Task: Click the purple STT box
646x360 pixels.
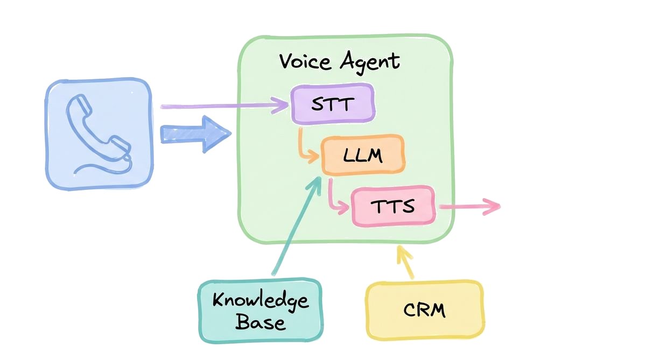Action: pos(333,104)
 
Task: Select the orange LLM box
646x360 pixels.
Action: pos(363,156)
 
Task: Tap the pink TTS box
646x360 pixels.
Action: pos(393,206)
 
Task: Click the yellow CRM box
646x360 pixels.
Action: pos(424,310)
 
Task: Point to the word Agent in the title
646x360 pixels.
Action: pos(370,62)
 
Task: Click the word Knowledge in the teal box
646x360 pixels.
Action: pos(261,300)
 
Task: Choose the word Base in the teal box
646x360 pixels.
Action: pos(260,323)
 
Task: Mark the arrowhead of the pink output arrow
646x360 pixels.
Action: pos(493,207)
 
